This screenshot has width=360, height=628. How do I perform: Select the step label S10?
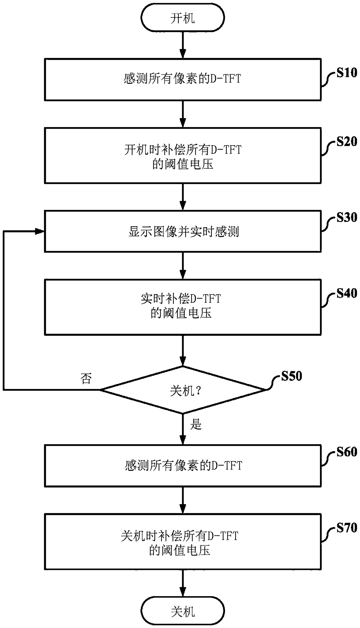click(347, 73)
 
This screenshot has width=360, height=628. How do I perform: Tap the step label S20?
click(347, 142)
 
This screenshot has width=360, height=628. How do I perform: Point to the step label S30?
click(347, 217)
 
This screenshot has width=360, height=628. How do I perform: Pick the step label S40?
click(347, 293)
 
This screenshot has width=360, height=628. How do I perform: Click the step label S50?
click(291, 376)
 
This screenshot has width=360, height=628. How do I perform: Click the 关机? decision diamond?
click(183, 390)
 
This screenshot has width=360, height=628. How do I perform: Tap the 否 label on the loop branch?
click(86, 378)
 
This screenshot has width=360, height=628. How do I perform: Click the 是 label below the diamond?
click(196, 424)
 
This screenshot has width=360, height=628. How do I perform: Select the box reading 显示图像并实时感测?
click(183, 232)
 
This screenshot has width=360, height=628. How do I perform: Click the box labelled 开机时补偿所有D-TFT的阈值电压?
click(183, 156)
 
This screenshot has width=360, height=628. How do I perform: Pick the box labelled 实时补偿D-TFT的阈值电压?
click(183, 307)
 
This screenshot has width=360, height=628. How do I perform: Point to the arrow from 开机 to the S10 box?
click(183, 45)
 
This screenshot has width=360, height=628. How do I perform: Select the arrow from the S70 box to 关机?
click(183, 582)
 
